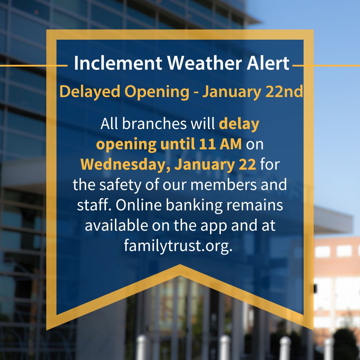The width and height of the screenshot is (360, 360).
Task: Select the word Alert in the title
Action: pyautogui.click(x=269, y=63)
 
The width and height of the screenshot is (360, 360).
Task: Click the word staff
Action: pyautogui.click(x=94, y=205)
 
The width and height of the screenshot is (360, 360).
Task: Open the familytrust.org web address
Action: pyautogui.click(x=178, y=246)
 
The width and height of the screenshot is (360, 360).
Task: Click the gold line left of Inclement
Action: pyautogui.click(x=33, y=66)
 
